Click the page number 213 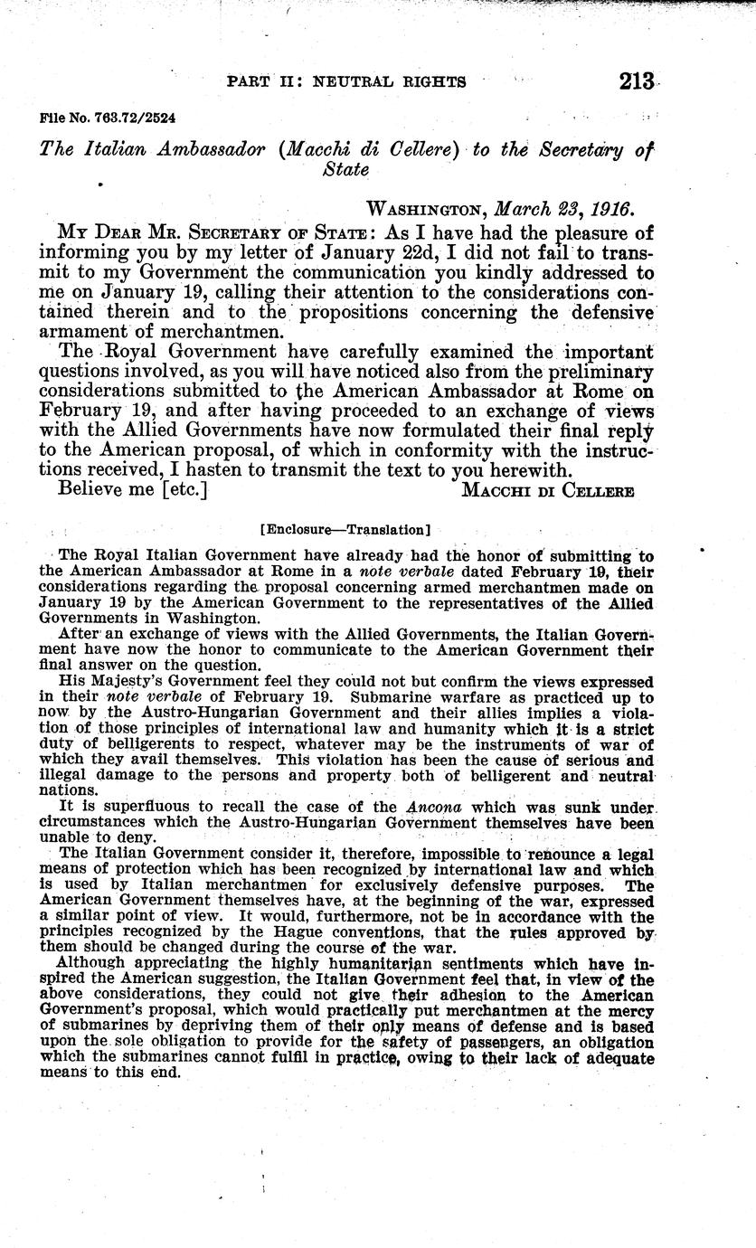637,81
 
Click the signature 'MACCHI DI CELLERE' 547,489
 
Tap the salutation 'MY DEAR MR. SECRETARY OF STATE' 216,232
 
